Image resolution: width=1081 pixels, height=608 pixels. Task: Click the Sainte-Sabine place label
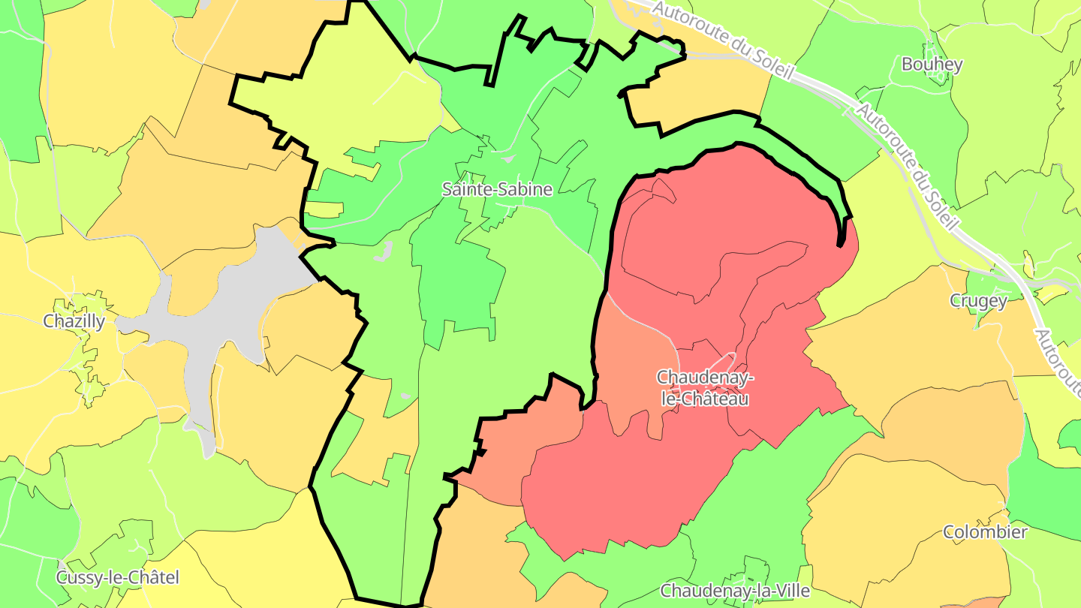pyautogui.click(x=497, y=189)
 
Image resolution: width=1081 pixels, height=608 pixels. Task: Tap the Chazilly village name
pyautogui.click(x=74, y=321)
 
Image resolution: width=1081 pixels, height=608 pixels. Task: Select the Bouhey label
pyautogui.click(x=932, y=65)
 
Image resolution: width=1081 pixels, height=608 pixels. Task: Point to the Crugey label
pyautogui.click(x=978, y=301)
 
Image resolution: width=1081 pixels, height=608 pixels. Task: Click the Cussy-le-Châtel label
pyautogui.click(x=118, y=577)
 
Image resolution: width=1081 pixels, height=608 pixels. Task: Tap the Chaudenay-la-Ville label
pyautogui.click(x=735, y=591)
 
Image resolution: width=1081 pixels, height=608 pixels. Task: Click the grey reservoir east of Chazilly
pyautogui.click(x=225, y=308)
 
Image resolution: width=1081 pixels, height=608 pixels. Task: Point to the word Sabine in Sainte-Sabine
pyautogui.click(x=525, y=189)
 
